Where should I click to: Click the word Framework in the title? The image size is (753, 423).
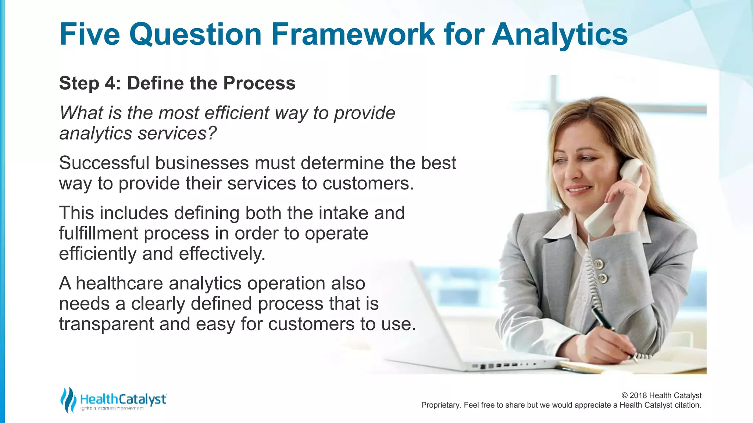click(x=353, y=34)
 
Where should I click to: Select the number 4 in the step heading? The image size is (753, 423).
click(x=110, y=83)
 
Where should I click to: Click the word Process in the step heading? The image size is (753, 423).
click(x=259, y=83)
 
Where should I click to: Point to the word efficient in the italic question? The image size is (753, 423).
click(x=237, y=113)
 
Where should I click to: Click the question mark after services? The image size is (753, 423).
click(x=212, y=133)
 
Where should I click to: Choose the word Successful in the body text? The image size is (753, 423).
click(x=104, y=163)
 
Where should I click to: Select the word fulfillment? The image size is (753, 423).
click(x=99, y=234)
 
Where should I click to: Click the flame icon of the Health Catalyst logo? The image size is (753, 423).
click(x=68, y=400)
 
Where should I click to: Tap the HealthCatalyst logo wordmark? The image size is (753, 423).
click(x=123, y=399)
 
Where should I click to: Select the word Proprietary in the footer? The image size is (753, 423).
click(x=440, y=405)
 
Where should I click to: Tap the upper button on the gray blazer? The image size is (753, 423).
click(x=598, y=263)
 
